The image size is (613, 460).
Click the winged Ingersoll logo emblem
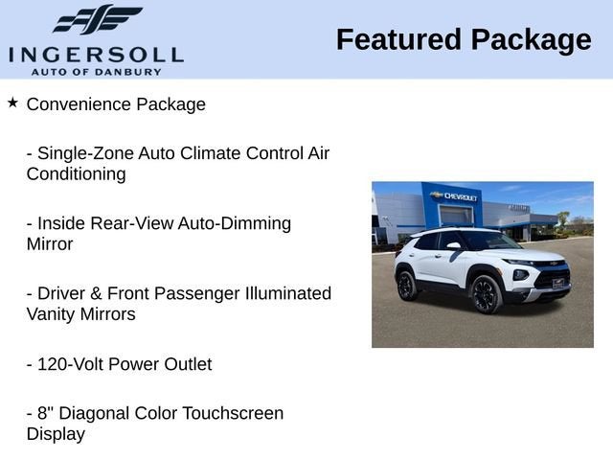coord(97,19)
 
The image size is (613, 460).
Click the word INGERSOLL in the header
coord(96,54)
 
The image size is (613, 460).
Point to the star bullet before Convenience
coord(12,102)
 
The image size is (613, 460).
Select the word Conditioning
coord(76,174)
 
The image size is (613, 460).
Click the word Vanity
coord(54,314)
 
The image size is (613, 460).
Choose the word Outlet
coord(184,364)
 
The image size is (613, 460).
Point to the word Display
coord(56,434)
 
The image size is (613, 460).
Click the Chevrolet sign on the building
coord(455,196)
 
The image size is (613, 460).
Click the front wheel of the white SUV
coord(486,294)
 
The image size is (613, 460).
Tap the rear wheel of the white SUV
coord(406,285)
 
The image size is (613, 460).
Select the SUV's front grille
coord(553,279)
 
